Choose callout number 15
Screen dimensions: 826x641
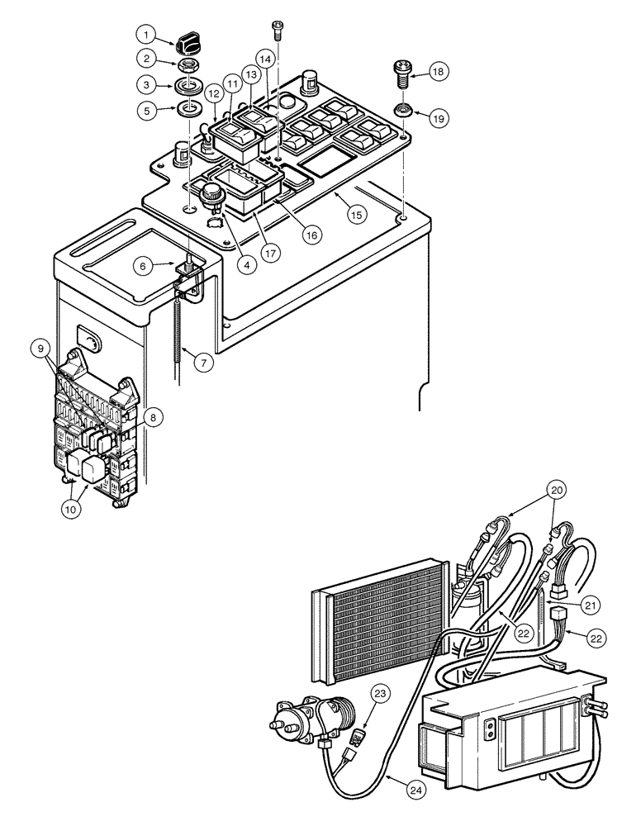pos(356,214)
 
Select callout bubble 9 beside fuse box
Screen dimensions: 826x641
pos(43,349)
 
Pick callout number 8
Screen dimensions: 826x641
pos(153,418)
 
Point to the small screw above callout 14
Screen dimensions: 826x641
pos(277,31)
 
